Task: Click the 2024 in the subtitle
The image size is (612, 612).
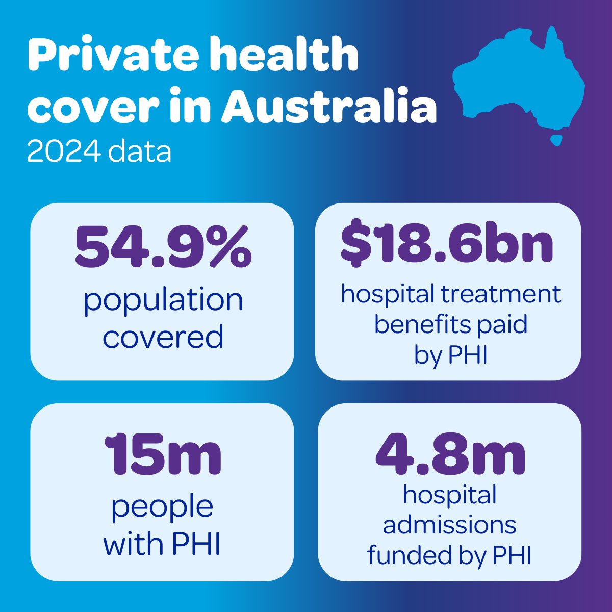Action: coord(59,151)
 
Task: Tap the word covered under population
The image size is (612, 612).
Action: coord(163,337)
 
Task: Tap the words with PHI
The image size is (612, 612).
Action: coord(162,544)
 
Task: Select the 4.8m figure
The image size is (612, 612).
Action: coord(450,454)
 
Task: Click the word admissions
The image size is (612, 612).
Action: coord(449,525)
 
